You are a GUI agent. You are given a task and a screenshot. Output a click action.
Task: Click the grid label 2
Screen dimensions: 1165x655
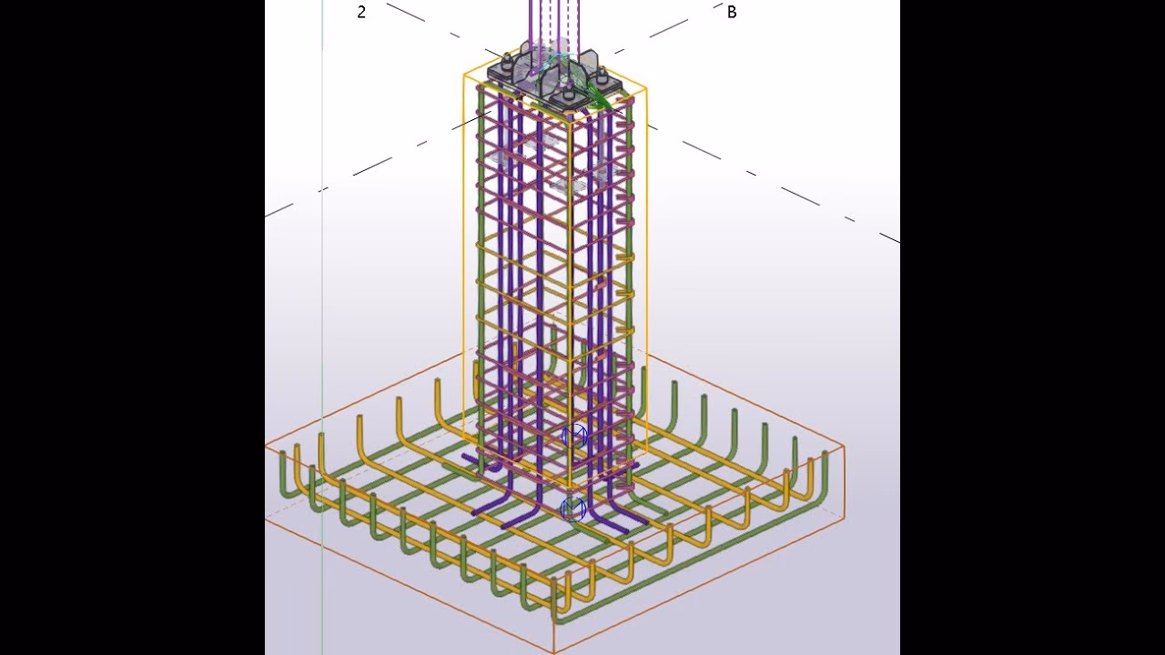(361, 12)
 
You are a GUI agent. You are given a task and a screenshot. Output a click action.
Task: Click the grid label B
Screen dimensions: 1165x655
(732, 12)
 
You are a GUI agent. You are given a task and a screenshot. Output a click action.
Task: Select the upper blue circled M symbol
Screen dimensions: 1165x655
(574, 436)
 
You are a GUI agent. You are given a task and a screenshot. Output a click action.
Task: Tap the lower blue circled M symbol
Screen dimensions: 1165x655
(573, 509)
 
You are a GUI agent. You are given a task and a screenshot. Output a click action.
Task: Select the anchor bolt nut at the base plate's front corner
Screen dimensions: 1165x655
(567, 97)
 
